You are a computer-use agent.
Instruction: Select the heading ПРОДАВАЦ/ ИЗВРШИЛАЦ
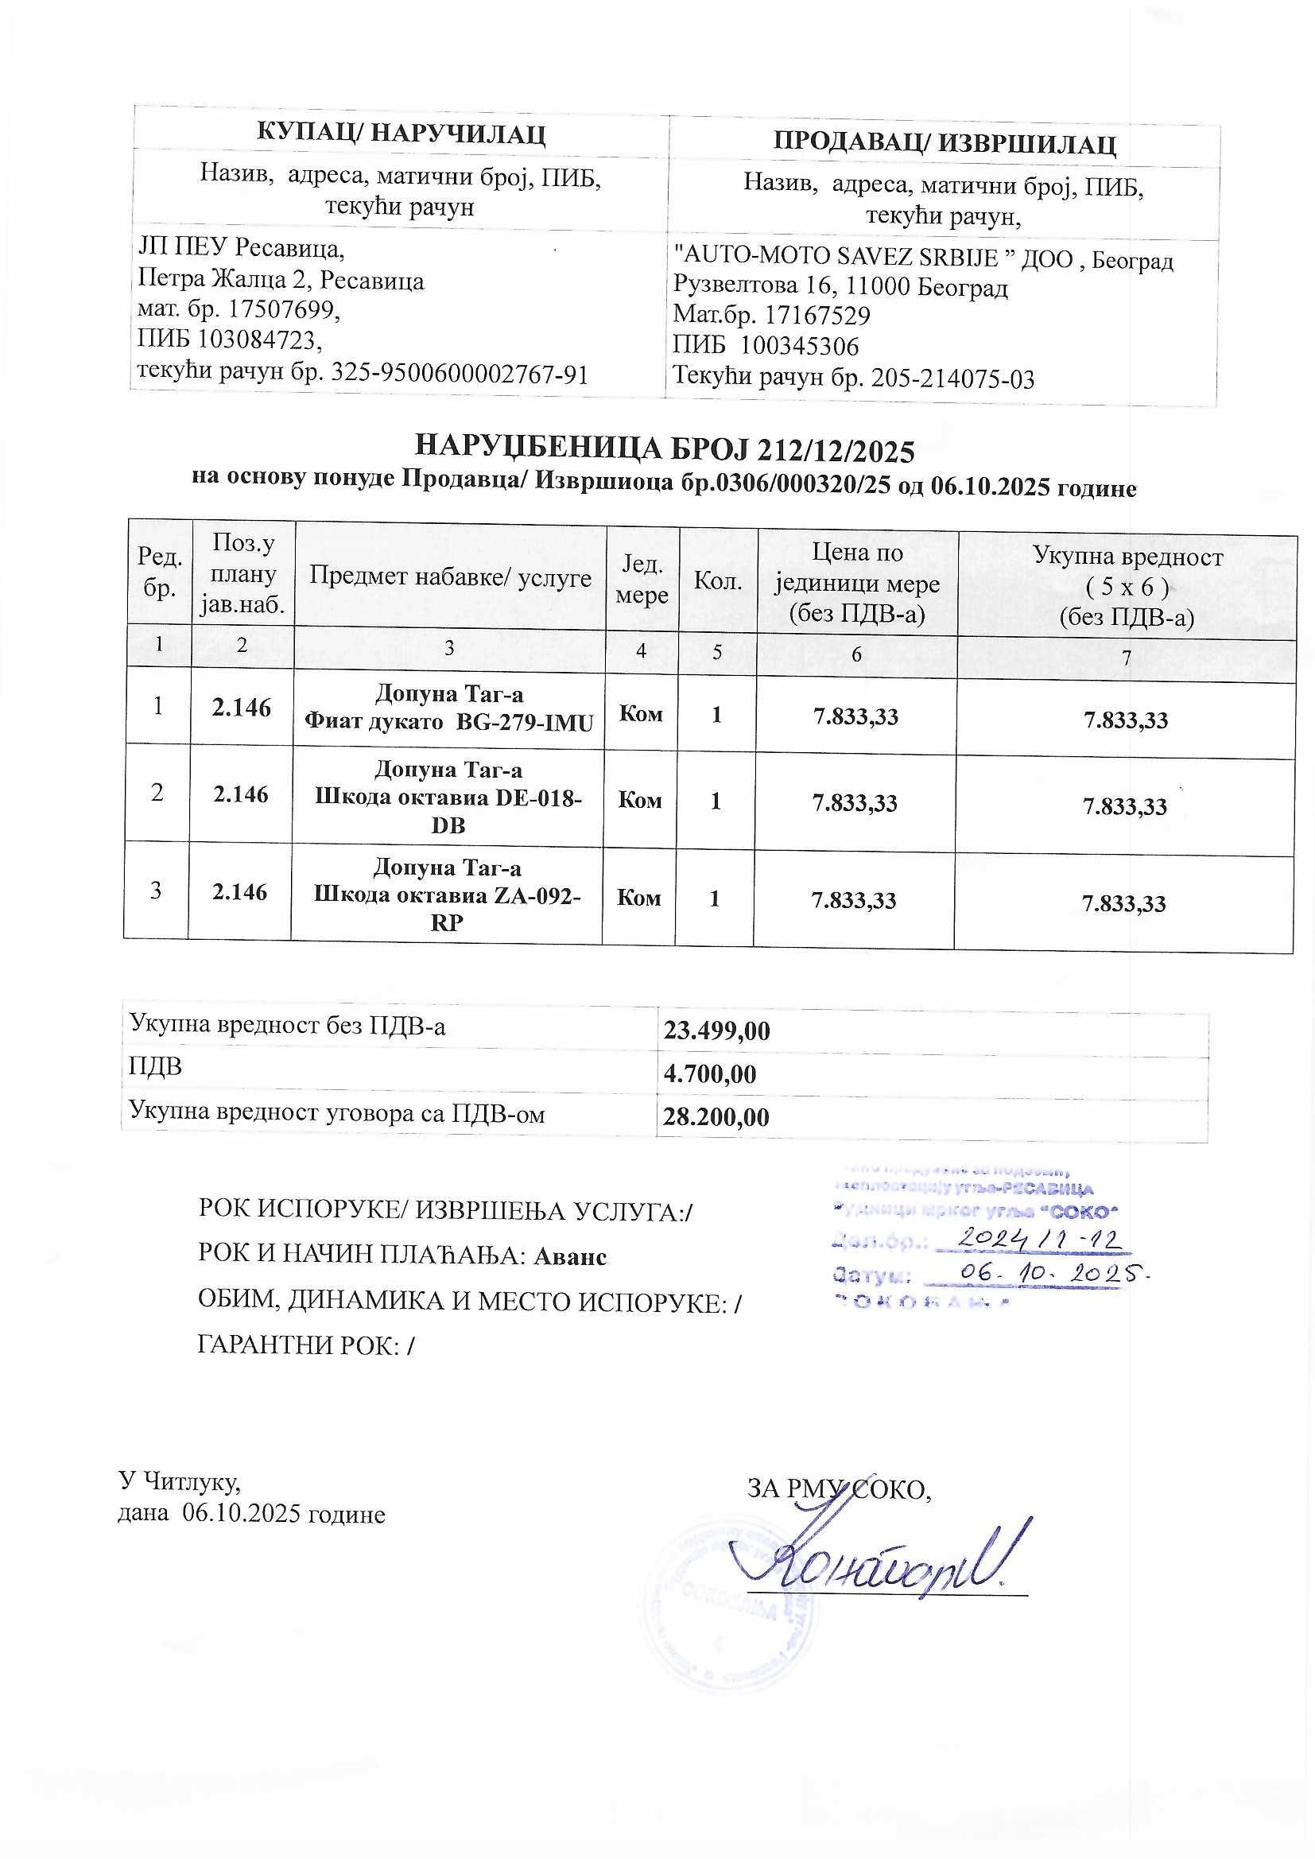click(x=945, y=143)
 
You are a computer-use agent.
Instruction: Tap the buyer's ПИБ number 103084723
click(x=259, y=340)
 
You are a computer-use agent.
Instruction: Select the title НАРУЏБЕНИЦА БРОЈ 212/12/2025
click(x=664, y=449)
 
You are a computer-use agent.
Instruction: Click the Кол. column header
click(x=718, y=580)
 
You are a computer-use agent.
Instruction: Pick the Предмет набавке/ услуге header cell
click(x=450, y=576)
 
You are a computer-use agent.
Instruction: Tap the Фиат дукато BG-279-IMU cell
click(x=448, y=708)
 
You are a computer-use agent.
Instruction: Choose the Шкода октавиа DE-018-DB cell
click(x=448, y=798)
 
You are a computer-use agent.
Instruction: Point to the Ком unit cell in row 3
click(x=639, y=897)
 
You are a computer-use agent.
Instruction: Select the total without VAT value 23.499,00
click(x=716, y=1030)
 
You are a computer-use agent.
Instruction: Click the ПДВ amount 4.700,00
click(x=710, y=1074)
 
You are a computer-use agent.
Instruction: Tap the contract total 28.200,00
click(x=716, y=1117)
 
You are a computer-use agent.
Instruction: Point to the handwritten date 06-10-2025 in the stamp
click(x=1049, y=1273)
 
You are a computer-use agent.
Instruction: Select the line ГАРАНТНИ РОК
click(x=306, y=1345)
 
